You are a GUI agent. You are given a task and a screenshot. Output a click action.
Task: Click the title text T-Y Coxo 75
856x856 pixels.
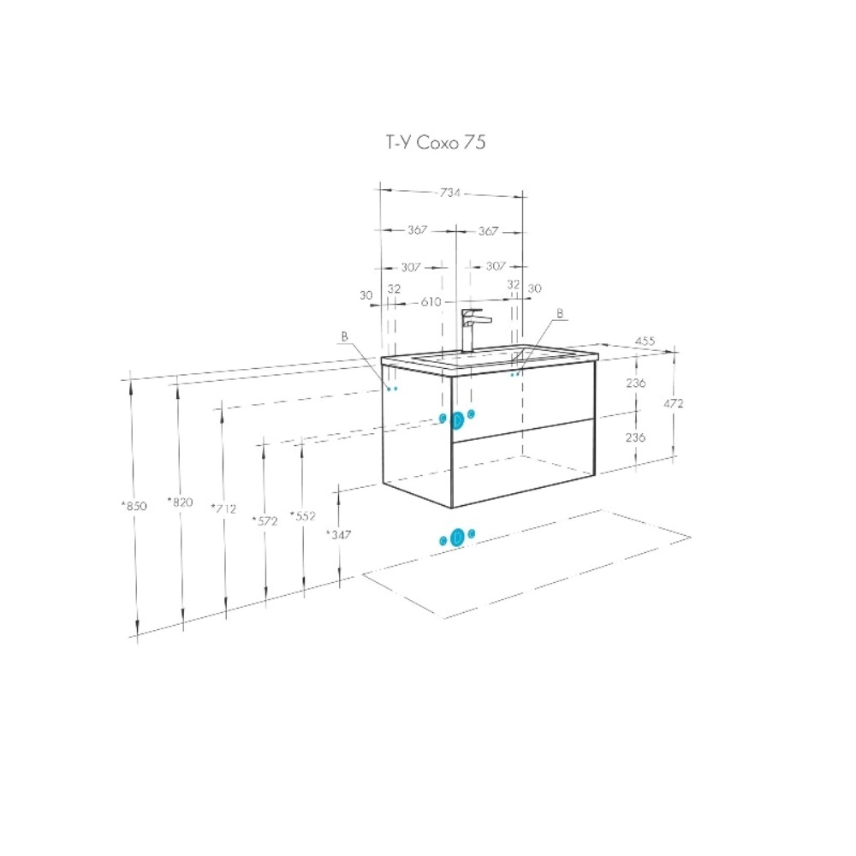coord(436,142)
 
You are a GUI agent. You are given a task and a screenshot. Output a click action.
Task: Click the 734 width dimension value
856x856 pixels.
coord(450,193)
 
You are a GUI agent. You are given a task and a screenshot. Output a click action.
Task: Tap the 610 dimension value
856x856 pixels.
coord(431,301)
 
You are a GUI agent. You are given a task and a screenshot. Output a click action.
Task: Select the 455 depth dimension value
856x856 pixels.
coord(645,342)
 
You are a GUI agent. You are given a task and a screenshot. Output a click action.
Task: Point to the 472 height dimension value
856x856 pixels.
coord(673,403)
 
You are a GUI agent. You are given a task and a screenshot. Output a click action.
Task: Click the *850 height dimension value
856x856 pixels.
coord(134,506)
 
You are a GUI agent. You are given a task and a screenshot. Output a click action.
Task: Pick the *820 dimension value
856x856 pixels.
coord(180,502)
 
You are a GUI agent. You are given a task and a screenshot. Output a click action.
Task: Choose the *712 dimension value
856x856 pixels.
coord(223,508)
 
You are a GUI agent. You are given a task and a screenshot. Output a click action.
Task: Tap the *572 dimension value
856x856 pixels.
coord(265,520)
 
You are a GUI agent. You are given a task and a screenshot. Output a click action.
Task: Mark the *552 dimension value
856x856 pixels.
coord(302,516)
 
